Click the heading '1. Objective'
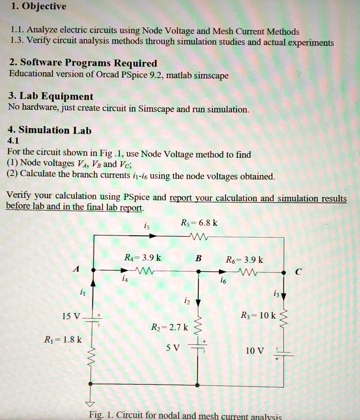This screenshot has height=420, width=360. [38, 6]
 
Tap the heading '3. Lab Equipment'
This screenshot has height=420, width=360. [50, 97]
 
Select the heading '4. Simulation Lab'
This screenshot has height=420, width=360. [49, 130]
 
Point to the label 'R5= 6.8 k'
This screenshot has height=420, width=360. [199, 223]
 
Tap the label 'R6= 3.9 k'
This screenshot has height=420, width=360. [245, 260]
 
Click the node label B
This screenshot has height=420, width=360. [198, 259]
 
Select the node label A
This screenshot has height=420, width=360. [76, 269]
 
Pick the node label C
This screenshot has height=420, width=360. [299, 272]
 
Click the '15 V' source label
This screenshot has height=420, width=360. [71, 317]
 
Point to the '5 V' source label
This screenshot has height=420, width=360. [173, 348]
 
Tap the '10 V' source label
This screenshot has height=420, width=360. [254, 351]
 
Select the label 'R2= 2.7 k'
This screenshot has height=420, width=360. [169, 328]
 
